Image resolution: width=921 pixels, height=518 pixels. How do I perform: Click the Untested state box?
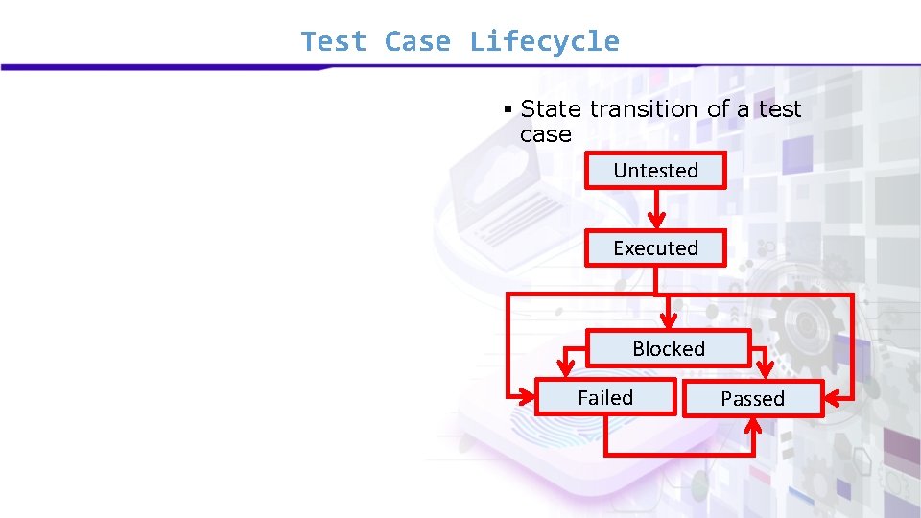pyautogui.click(x=655, y=171)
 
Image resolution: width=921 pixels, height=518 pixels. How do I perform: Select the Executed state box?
pyautogui.click(x=655, y=247)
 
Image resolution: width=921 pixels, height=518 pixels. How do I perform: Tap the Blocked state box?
pyautogui.click(x=668, y=348)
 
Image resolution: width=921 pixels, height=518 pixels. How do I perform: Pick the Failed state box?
pyautogui.click(x=604, y=397)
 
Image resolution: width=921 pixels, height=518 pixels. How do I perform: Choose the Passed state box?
pyautogui.click(x=752, y=399)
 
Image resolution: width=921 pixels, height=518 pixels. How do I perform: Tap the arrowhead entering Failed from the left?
pyautogui.click(x=527, y=395)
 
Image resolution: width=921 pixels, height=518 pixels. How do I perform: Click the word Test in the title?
pyautogui.click(x=333, y=42)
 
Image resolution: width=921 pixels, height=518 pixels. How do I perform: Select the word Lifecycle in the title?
pyautogui.click(x=544, y=42)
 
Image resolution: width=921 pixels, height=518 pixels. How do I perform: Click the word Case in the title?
pyautogui.click(x=417, y=42)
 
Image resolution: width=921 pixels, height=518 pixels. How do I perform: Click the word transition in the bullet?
pyautogui.click(x=645, y=109)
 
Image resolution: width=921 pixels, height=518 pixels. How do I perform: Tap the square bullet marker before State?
pyautogui.click(x=509, y=109)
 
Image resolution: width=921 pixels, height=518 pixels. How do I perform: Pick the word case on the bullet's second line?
pyautogui.click(x=545, y=134)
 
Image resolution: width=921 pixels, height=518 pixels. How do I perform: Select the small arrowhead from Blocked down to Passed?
pyautogui.click(x=765, y=370)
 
